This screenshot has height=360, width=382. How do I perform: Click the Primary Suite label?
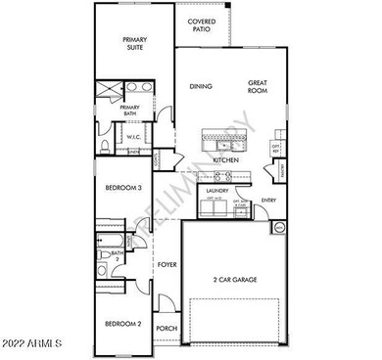(x=134, y=44)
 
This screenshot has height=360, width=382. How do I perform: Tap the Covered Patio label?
(x=201, y=25)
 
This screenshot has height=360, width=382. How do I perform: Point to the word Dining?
(x=201, y=86)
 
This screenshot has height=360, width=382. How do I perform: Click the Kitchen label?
(x=226, y=159)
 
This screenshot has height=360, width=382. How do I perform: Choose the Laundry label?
(x=216, y=191)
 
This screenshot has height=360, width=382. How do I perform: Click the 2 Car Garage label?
(x=235, y=280)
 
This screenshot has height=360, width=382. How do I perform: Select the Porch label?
(x=167, y=329)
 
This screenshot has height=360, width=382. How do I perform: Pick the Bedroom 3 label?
(x=126, y=187)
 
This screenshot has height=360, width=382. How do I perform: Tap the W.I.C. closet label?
(x=134, y=137)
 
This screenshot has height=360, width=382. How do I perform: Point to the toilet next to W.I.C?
(x=105, y=148)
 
